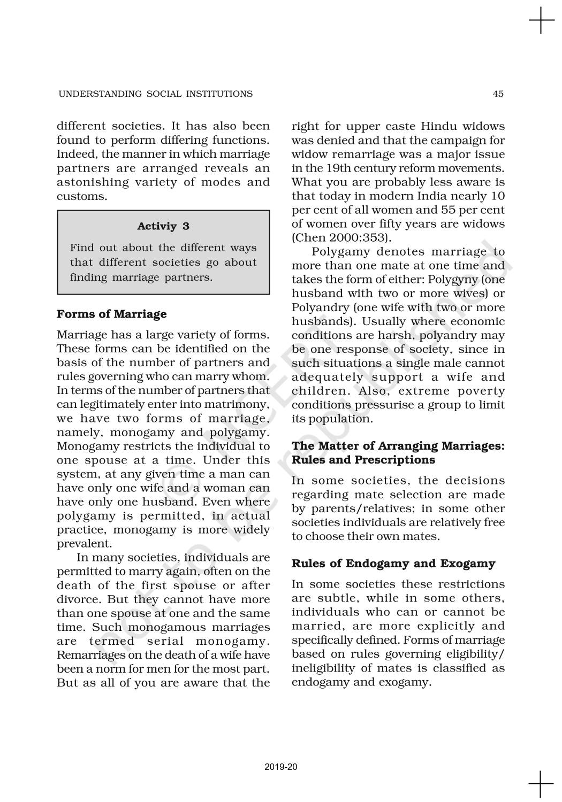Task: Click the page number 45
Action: pyautogui.click(x=498, y=94)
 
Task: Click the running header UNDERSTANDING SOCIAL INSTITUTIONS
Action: pyautogui.click(x=155, y=94)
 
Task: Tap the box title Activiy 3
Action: pyautogui.click(x=163, y=226)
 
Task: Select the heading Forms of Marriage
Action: pyautogui.click(x=111, y=314)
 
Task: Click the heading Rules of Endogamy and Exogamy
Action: pyautogui.click(x=393, y=564)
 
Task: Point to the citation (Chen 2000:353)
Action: pyautogui.click(x=338, y=238)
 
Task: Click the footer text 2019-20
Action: pyautogui.click(x=281, y=767)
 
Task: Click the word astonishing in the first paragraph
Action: pyautogui.click(x=93, y=182)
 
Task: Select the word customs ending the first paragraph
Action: pyautogui.click(x=81, y=196)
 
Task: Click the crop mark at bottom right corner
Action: pyautogui.click(x=541, y=784)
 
